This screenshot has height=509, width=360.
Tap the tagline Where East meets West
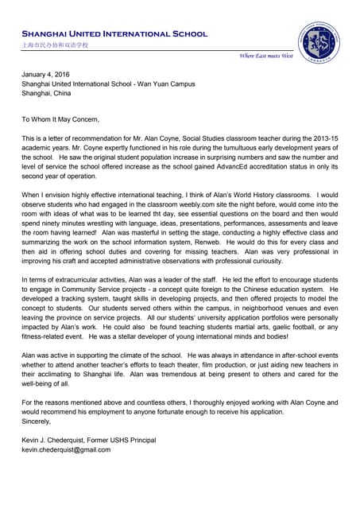pyautogui.click(x=266, y=56)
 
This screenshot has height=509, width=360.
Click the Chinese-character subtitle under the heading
pyautogui.click(x=55, y=46)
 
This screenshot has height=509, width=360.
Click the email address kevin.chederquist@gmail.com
pyautogui.click(x=66, y=449)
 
